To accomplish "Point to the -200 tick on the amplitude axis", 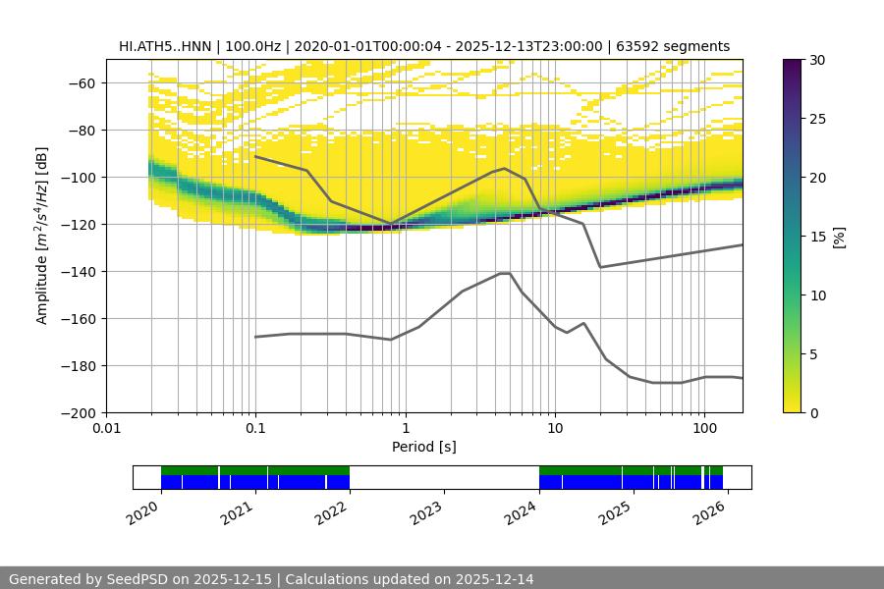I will pyautogui.click(x=79, y=413).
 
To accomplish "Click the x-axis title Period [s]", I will pyautogui.click(x=424, y=447).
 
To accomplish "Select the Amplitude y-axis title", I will pyautogui.click(x=42, y=237).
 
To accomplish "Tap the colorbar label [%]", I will pyautogui.click(x=838, y=237).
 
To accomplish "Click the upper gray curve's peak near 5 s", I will pyautogui.click(x=505, y=168).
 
